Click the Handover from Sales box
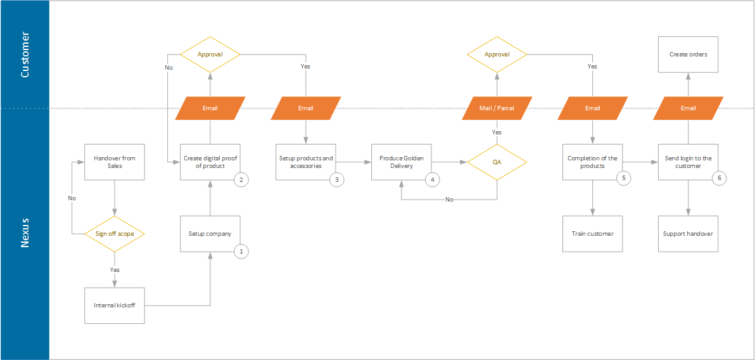coord(115,162)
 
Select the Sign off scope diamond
coord(115,234)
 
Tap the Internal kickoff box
coord(115,305)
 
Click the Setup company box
coord(210,234)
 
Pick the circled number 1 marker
coord(241,251)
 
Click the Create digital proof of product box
coord(210,162)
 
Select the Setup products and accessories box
coord(306,162)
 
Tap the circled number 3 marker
coord(336,179)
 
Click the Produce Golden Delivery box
coord(402,162)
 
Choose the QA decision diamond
coord(497,162)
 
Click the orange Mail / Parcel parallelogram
coord(497,108)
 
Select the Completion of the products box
coord(593,162)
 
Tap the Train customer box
coord(593,234)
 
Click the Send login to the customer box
coord(688,162)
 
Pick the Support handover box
coord(688,234)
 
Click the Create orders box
coord(688,55)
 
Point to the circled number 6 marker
coord(719,178)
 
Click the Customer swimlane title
coord(25,55)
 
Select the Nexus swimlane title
coord(25,234)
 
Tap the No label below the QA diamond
coord(449,199)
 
